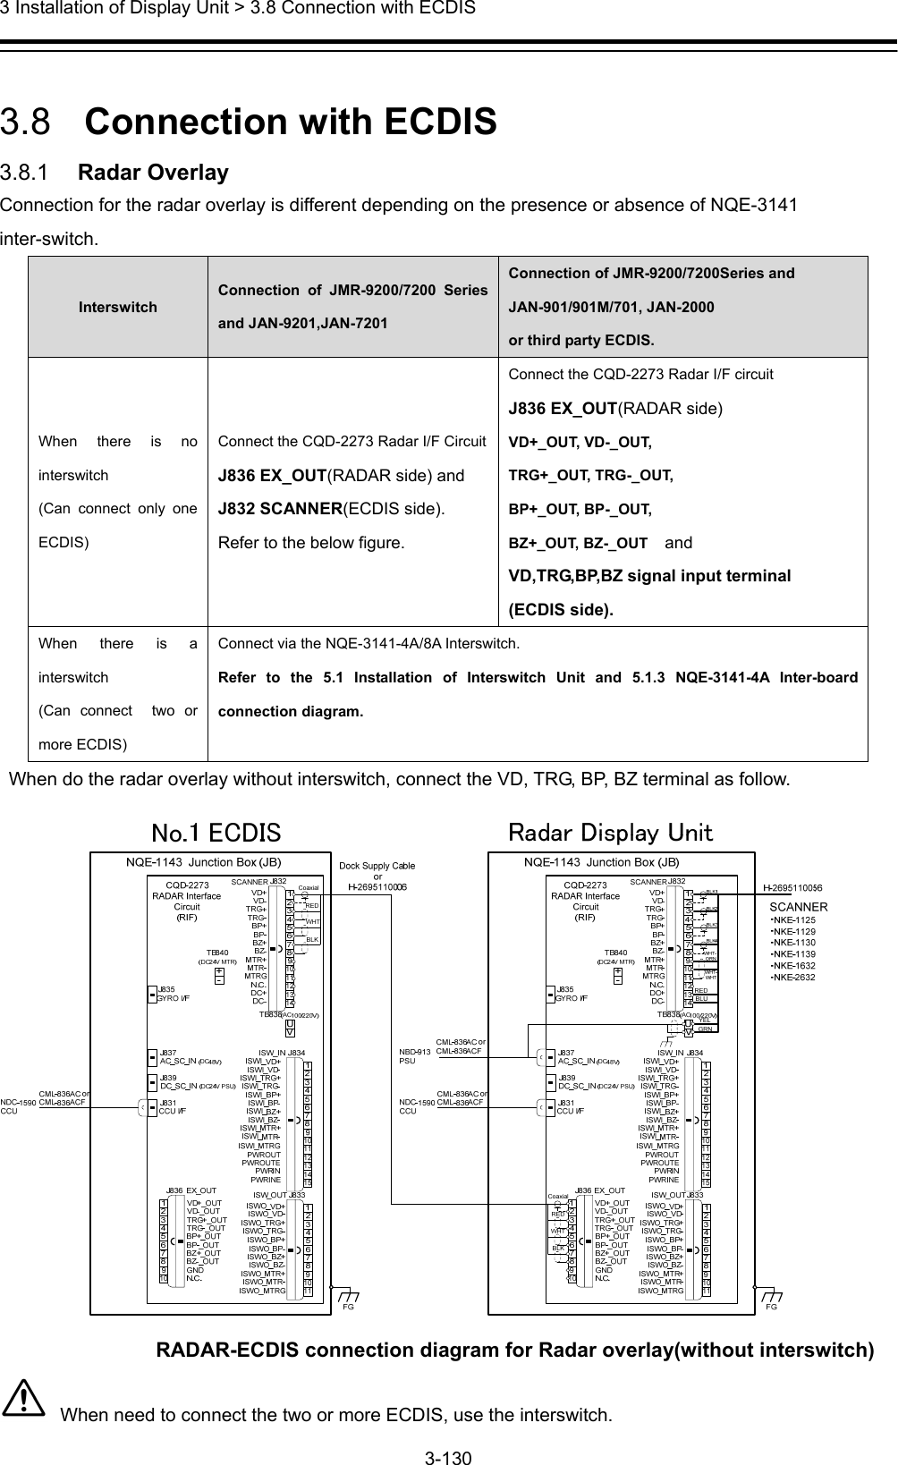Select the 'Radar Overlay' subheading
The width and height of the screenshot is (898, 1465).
pyautogui.click(x=153, y=172)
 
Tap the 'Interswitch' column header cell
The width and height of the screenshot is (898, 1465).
pyautogui.click(x=117, y=307)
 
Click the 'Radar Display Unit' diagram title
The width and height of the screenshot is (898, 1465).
pyautogui.click(x=610, y=833)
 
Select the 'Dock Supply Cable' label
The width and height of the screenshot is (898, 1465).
pyautogui.click(x=377, y=866)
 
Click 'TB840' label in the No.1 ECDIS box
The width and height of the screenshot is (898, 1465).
pyautogui.click(x=218, y=953)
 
